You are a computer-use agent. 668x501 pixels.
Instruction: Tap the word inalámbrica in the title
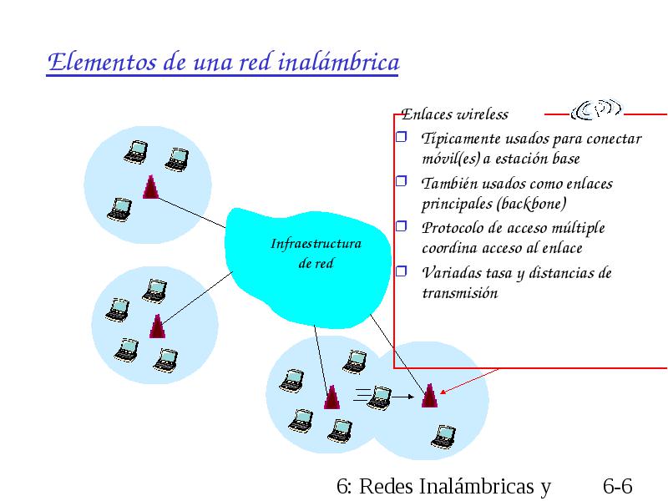[x=339, y=62]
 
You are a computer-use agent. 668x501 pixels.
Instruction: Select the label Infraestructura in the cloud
[x=316, y=244]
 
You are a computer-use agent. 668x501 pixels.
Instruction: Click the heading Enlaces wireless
[x=454, y=114]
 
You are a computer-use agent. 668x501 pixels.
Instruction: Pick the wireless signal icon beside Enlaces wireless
[x=596, y=110]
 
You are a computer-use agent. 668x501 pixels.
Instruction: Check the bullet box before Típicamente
[x=402, y=136]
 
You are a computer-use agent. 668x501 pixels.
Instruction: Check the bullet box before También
[x=402, y=181]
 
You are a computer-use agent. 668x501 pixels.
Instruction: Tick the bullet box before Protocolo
[x=402, y=225]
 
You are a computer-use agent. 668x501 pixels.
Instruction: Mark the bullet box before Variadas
[x=402, y=271]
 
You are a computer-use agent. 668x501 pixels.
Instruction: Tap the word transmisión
[x=460, y=293]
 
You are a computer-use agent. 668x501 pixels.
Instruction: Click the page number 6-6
[x=618, y=487]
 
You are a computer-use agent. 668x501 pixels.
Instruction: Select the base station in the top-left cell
[x=151, y=187]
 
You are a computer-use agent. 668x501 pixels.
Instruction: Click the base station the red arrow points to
[x=429, y=396]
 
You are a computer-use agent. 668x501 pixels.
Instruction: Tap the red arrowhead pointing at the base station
[x=443, y=392]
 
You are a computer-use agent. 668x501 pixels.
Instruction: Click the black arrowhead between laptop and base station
[x=411, y=397]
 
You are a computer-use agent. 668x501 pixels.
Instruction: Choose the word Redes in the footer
[x=387, y=487]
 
